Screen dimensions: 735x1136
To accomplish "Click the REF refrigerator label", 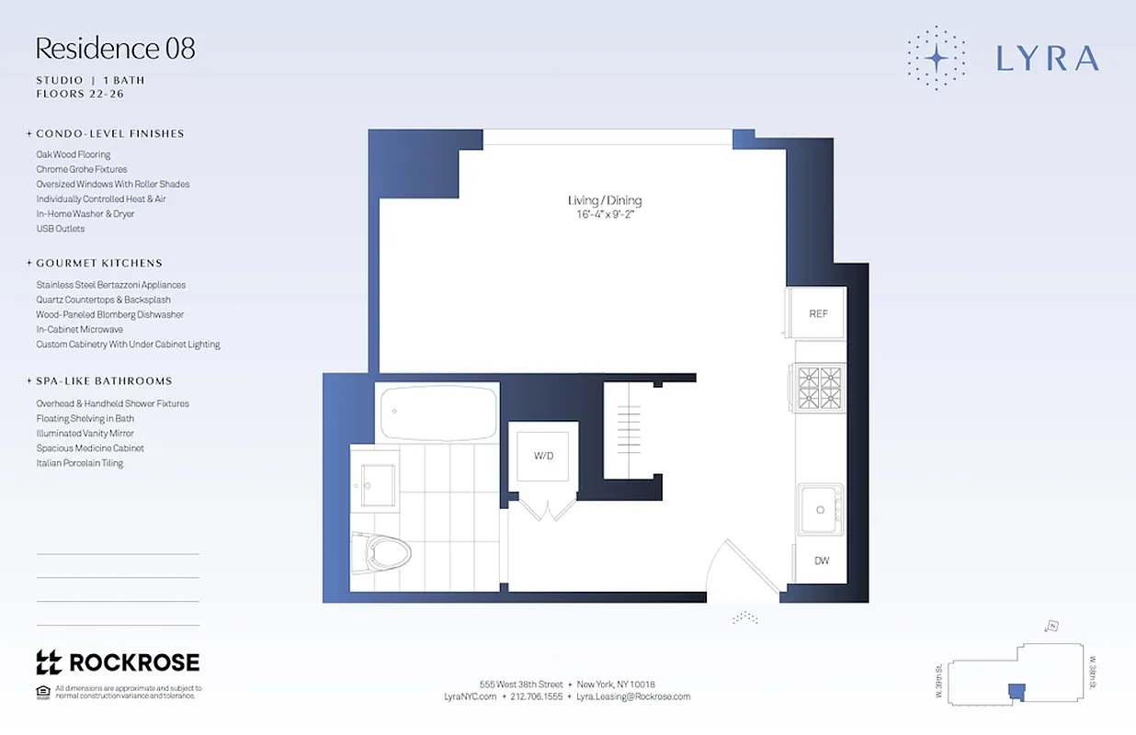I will pyautogui.click(x=818, y=313).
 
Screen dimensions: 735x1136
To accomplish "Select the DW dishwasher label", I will pyautogui.click(x=821, y=560).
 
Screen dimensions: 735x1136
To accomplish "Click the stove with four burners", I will pyautogui.click(x=820, y=388).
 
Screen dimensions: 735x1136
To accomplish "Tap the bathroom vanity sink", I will pyautogui.click(x=378, y=484).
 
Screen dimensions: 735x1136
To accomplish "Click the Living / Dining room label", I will pyautogui.click(x=604, y=200).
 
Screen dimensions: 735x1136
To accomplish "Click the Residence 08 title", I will pyautogui.click(x=115, y=48).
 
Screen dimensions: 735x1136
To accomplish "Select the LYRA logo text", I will pyautogui.click(x=1047, y=59).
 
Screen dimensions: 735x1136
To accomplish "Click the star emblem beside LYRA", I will pyautogui.click(x=936, y=58).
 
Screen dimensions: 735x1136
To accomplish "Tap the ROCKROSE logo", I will pyautogui.click(x=117, y=662).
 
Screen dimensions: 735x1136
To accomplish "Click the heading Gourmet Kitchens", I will pyautogui.click(x=99, y=263).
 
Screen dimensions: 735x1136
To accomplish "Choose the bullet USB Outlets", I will pyautogui.click(x=61, y=229).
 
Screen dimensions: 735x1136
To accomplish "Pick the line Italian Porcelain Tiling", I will pyautogui.click(x=80, y=463).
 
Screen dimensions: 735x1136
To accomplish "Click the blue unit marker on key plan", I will pyautogui.click(x=1016, y=691).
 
